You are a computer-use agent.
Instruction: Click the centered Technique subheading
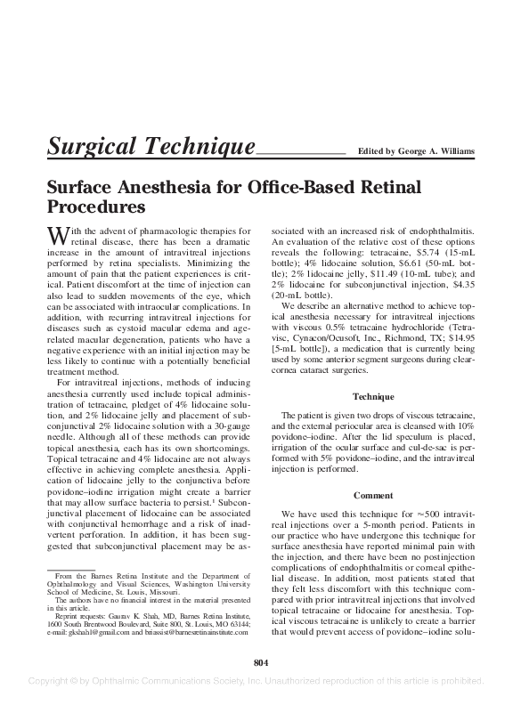pos(372,395)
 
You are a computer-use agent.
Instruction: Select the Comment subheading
pos(372,495)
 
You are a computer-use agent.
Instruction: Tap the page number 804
pos(260,661)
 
